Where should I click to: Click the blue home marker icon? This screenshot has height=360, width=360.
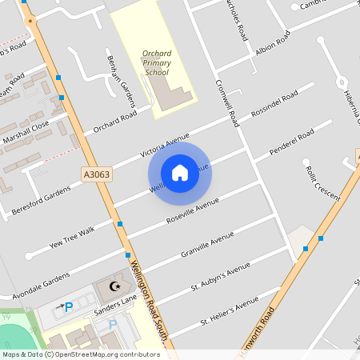[180, 172]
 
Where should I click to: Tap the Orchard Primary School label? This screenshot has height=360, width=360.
[156, 63]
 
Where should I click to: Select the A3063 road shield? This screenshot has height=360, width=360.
[96, 172]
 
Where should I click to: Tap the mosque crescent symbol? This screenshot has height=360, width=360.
[115, 286]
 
